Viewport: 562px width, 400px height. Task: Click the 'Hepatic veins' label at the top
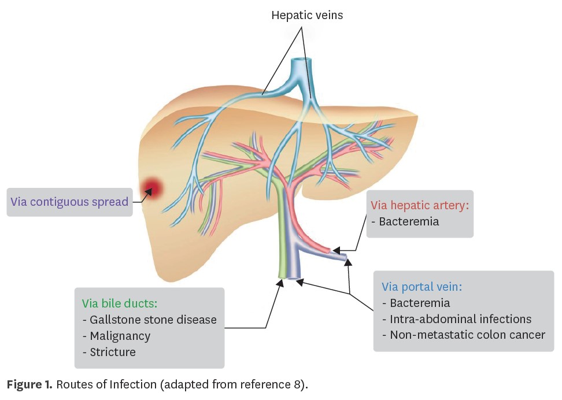(x=307, y=16)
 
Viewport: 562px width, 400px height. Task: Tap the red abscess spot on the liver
(x=152, y=187)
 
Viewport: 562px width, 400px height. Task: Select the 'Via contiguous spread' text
(x=69, y=202)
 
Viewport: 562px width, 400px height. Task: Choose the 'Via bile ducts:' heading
(x=120, y=303)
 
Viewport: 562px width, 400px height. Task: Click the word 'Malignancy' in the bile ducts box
(x=120, y=336)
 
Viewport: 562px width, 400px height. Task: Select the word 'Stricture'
(x=113, y=352)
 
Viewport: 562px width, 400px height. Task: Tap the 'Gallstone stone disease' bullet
(x=153, y=320)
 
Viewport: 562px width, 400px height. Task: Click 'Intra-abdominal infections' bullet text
(x=460, y=318)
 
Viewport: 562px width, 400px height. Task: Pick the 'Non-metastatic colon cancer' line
(x=467, y=335)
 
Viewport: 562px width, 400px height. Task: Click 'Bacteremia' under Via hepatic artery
(x=409, y=221)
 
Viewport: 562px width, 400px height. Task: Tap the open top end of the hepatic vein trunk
(x=300, y=61)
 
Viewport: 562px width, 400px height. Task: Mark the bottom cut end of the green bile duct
(x=283, y=277)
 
